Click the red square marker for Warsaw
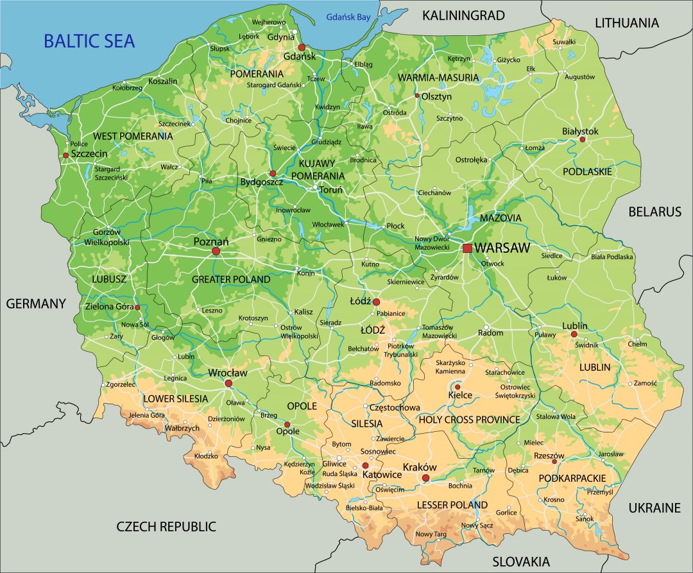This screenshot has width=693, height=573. tap(467, 248)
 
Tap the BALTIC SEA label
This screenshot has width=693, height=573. tap(89, 42)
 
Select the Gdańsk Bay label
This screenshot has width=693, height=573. tap(348, 17)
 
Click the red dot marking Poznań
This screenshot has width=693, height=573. tap(216, 251)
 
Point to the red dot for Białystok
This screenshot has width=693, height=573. tap(583, 139)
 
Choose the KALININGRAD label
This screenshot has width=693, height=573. tap(463, 15)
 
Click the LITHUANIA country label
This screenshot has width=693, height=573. tap(627, 23)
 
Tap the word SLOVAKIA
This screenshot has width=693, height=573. tap(521, 561)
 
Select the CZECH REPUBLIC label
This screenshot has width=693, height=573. tap(166, 527)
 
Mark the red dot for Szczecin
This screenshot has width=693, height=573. tap(65, 155)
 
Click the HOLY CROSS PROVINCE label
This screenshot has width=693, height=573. tap(469, 420)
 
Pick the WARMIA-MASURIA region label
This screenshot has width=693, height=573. tap(438, 78)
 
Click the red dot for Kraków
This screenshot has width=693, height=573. tap(426, 478)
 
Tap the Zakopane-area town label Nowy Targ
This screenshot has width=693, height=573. tap(431, 535)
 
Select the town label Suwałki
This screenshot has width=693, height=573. tap(564, 42)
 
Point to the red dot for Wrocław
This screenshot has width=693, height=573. tap(228, 383)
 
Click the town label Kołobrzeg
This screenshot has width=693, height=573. tap(127, 88)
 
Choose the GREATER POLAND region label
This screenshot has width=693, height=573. tap(231, 280)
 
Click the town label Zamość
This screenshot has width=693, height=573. tap(646, 383)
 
